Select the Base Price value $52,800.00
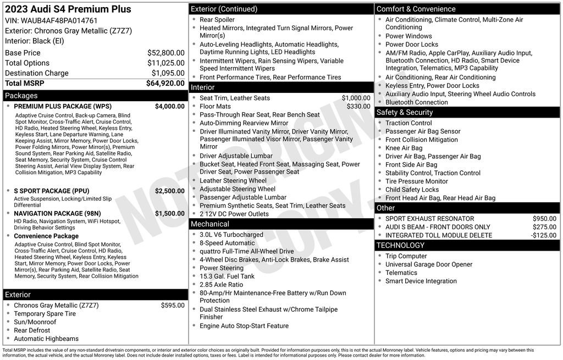point(165,53)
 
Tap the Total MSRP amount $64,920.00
point(165,84)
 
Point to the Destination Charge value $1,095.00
point(168,73)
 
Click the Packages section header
point(21,96)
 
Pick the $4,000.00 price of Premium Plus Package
point(169,106)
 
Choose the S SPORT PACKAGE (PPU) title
point(51,191)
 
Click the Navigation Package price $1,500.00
point(169,213)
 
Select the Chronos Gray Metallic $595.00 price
point(173,305)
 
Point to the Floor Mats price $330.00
point(358,106)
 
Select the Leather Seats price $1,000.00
point(356,98)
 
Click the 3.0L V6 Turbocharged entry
point(231,235)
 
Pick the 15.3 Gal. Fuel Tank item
point(227,276)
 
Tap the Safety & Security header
point(405,112)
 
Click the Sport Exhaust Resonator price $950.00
point(544,219)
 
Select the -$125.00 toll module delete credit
point(543,235)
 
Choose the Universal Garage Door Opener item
point(429,264)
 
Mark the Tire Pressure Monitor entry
point(417,181)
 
